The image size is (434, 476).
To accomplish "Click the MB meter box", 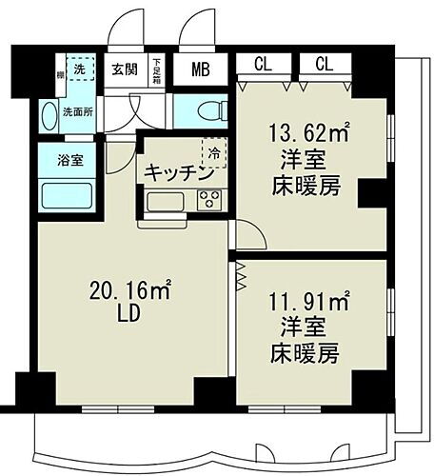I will click(x=201, y=69).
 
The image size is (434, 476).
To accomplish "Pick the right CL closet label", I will click(x=325, y=65).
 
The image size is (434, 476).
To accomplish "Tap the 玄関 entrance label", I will click(x=124, y=69).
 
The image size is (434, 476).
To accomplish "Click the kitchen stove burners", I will click(x=209, y=201).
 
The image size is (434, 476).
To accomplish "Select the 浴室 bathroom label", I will click(x=69, y=159).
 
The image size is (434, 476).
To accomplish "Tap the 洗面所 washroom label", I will click(x=75, y=109).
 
